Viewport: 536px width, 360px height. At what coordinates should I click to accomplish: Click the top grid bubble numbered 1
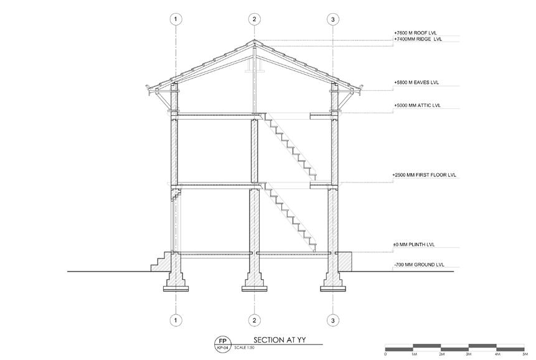[177, 20]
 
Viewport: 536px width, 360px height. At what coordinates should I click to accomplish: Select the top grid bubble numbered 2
[254, 20]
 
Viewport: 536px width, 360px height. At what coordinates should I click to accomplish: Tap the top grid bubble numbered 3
[333, 20]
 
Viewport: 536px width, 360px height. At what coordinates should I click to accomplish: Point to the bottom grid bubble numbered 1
[177, 320]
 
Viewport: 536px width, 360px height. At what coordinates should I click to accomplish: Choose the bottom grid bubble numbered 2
[254, 320]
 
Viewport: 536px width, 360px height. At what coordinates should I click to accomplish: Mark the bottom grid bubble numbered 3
[333, 320]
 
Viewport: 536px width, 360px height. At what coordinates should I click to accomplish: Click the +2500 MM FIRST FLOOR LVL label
[424, 175]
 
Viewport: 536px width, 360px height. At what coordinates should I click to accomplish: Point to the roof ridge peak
[254, 42]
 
